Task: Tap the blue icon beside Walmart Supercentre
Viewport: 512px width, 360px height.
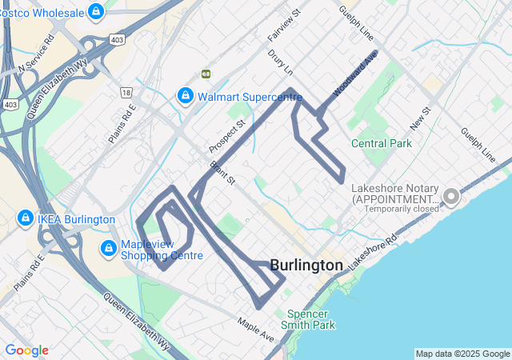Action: tap(186, 96)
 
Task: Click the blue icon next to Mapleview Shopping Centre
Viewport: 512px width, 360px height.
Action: tap(108, 249)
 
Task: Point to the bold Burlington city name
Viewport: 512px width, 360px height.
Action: tap(306, 265)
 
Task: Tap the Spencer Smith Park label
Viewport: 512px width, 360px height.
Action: tap(308, 319)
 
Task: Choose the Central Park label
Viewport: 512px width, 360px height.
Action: tap(382, 144)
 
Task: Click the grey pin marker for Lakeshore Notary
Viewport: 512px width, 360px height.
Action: tap(450, 196)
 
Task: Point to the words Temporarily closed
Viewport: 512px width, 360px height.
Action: tap(402, 209)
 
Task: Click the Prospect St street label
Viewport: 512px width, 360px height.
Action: tap(226, 137)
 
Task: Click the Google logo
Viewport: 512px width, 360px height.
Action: tap(26, 350)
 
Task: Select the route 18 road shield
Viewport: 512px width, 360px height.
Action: tap(126, 93)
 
